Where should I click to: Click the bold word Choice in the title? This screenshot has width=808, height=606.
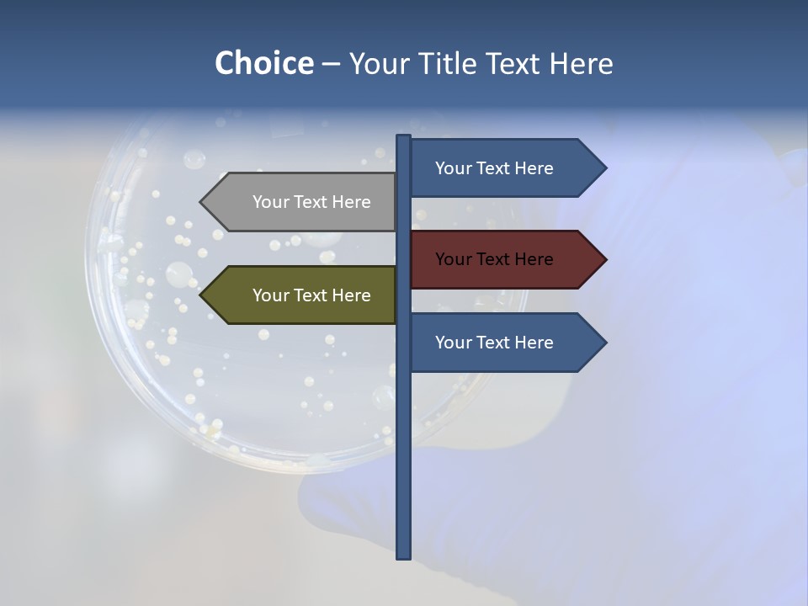(x=263, y=63)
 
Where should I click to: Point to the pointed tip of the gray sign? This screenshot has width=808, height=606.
(x=201, y=202)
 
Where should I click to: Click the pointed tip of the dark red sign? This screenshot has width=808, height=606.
(x=605, y=259)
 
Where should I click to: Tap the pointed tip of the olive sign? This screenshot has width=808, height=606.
(x=201, y=295)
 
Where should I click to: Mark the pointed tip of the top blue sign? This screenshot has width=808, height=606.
(x=605, y=168)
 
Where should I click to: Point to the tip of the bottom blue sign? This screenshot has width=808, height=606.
(x=605, y=343)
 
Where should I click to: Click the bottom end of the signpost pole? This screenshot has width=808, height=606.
(x=404, y=555)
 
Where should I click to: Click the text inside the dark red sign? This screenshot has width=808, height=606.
(x=494, y=259)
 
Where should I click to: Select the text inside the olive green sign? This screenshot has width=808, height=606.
(x=311, y=295)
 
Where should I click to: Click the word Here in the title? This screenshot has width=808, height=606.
(x=581, y=63)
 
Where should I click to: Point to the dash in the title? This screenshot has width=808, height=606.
(x=331, y=64)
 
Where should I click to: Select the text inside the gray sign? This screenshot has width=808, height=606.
(x=311, y=202)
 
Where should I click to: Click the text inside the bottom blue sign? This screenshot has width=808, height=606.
(x=494, y=343)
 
